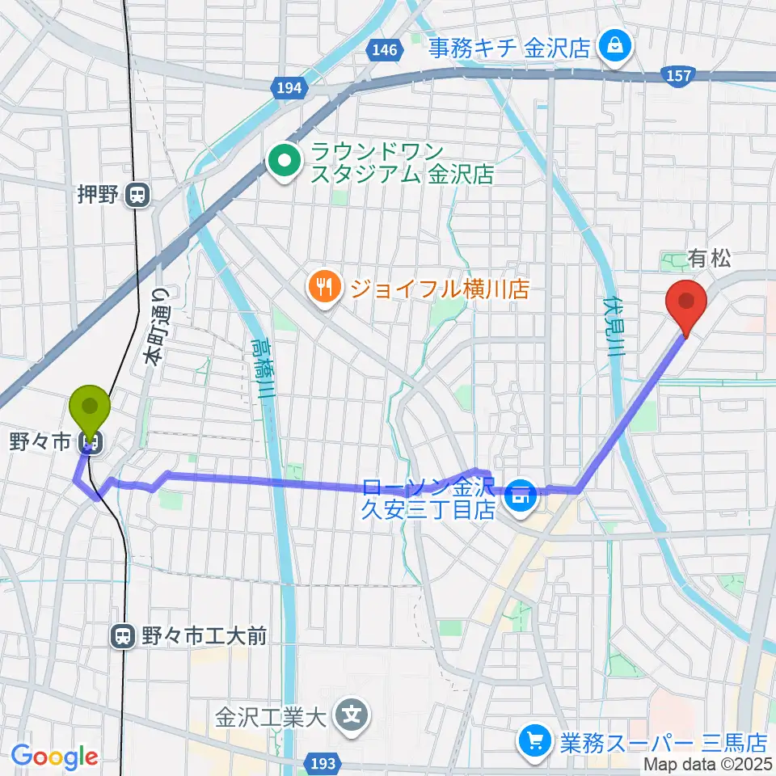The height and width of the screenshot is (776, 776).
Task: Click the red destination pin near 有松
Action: pos(685,303)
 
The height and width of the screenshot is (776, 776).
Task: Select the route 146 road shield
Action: pos(386,50)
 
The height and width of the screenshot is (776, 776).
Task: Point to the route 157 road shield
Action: pos(678,75)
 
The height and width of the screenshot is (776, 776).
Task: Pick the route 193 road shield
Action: pos(326,762)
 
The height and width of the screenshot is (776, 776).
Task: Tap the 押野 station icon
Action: pos(139,195)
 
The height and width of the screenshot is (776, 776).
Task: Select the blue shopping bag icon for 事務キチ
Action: pos(615,46)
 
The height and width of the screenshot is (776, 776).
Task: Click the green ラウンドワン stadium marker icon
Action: pos(284,162)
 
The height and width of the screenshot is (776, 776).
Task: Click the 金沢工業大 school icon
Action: pos(353,715)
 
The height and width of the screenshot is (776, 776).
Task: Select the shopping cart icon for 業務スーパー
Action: pos(534,740)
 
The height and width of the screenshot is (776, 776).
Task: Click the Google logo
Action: pos(54,756)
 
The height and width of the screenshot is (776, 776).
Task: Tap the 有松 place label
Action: pos(710,259)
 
